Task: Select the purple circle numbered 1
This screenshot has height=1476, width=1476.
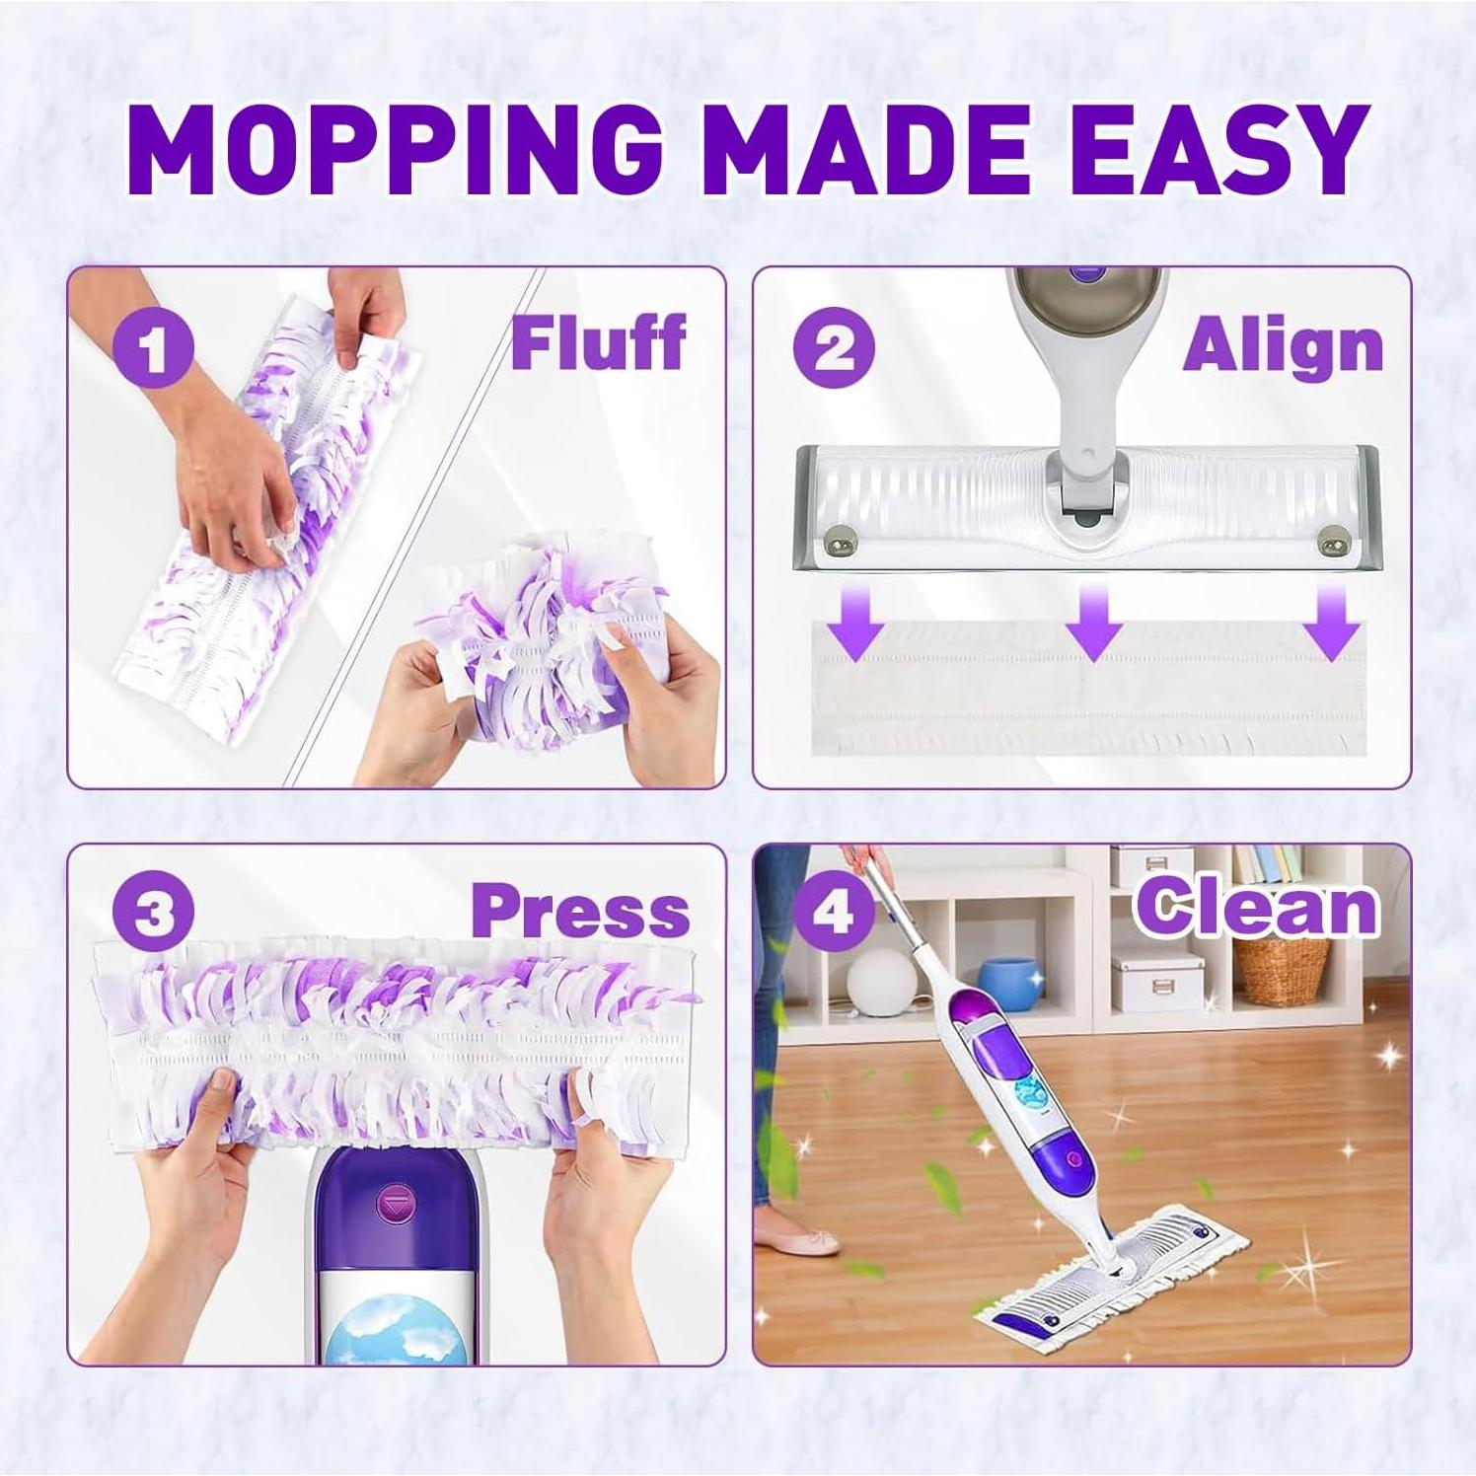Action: click(x=152, y=349)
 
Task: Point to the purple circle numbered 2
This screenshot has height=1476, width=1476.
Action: click(x=834, y=349)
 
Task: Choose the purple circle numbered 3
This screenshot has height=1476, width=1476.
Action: click(x=152, y=913)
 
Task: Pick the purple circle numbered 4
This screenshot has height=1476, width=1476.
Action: click(x=834, y=913)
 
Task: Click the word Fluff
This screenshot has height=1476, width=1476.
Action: click(x=598, y=343)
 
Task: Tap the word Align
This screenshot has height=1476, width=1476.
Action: click(x=1283, y=347)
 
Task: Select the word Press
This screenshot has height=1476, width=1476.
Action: click(x=580, y=912)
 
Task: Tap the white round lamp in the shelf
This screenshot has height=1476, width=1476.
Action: click(x=881, y=982)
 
